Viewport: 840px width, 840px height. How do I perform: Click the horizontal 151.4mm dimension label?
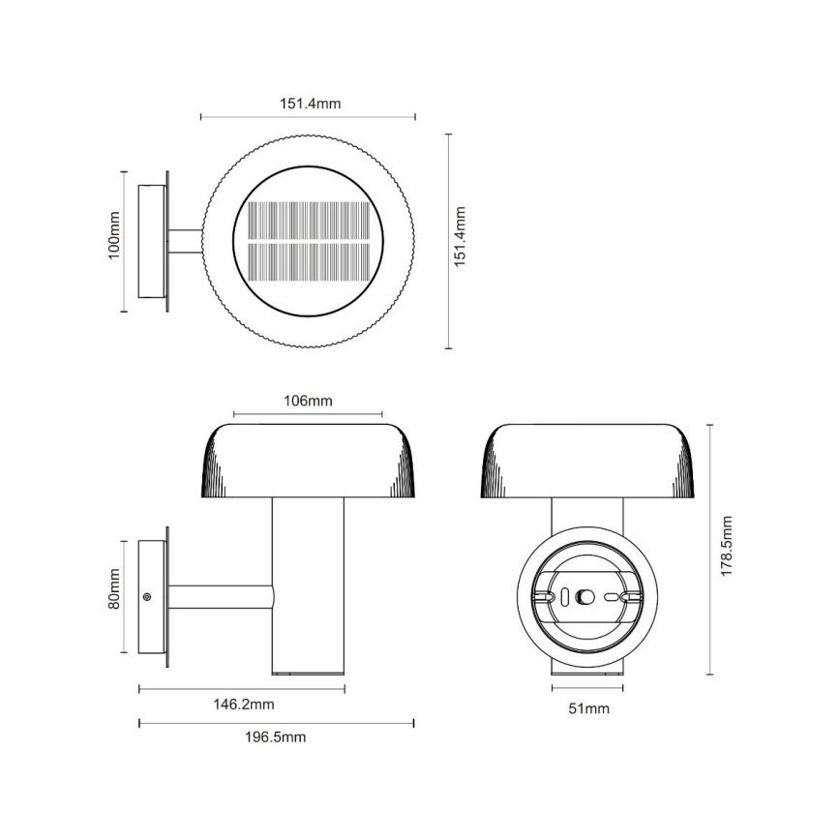coord(309,104)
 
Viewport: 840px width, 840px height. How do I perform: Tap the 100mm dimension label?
coord(113,235)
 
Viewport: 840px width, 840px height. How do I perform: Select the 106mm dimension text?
coord(309,401)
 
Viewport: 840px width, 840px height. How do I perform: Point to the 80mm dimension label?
coord(113,589)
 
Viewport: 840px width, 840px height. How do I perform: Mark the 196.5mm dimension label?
coord(277,737)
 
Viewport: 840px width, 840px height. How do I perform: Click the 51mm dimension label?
coord(588,708)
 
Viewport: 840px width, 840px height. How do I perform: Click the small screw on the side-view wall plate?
coord(147,597)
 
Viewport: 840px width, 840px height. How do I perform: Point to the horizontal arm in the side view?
coord(221,597)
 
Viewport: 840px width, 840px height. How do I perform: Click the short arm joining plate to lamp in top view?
coord(186,241)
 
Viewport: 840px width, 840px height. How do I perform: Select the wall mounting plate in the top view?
coord(152,241)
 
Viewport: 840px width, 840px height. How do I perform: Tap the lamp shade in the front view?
coord(588,461)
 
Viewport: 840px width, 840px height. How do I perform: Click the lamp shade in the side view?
coord(309,461)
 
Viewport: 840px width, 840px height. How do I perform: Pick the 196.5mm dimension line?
coord(277,722)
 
